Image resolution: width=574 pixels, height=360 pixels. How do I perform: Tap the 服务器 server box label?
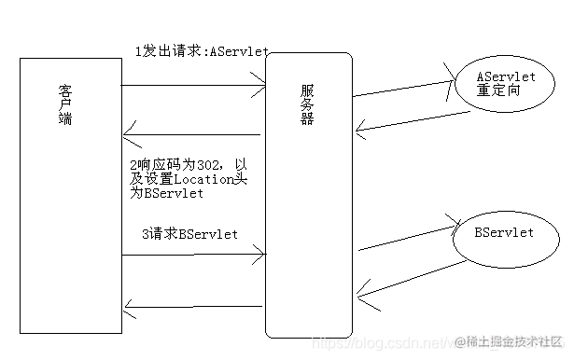[307, 107]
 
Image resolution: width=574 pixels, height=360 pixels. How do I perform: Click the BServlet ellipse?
[504, 233]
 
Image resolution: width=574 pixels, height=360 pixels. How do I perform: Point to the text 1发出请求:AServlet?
[189, 52]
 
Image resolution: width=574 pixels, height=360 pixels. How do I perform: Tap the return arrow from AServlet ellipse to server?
[411, 121]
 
